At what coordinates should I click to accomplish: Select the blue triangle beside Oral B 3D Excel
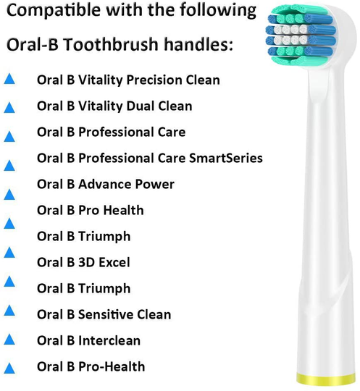pyautogui.click(x=10, y=253)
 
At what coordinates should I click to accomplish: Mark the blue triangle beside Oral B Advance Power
pyautogui.click(x=10, y=195)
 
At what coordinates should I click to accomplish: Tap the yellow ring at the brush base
pyautogui.click(x=327, y=379)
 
